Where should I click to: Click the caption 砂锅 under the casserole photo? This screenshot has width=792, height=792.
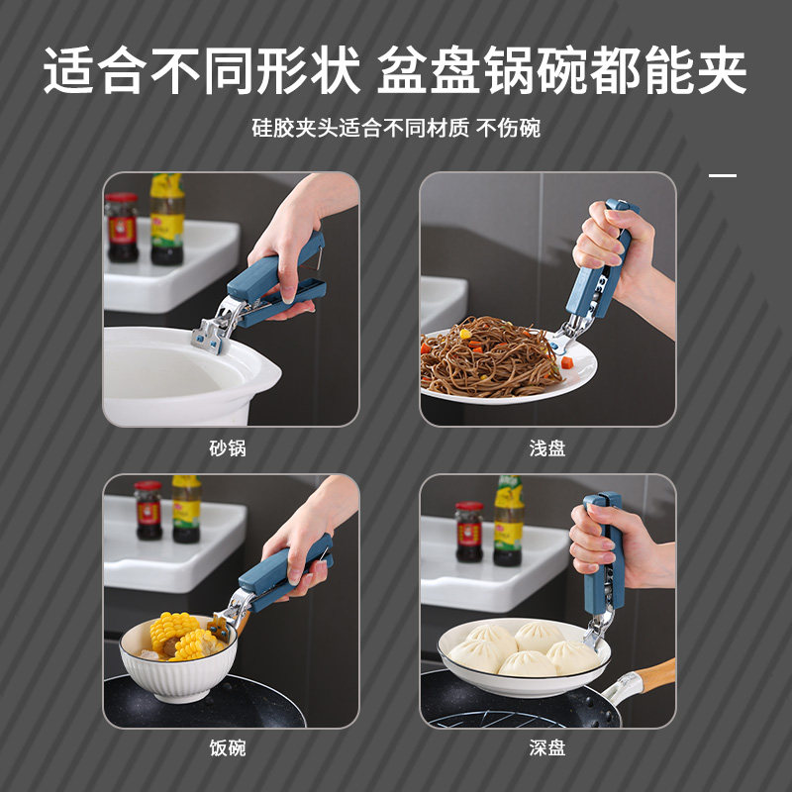pos(227,448)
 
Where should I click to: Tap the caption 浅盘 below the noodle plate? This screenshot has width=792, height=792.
pos(547,448)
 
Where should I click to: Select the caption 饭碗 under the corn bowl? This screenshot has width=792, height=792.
pos(227,748)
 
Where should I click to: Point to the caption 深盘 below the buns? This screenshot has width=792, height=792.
pos(547,748)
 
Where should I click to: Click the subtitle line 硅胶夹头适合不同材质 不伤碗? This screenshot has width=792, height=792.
pos(396,128)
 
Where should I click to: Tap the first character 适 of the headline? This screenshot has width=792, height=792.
pos(69,71)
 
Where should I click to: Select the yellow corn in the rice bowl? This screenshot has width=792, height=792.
pos(179,635)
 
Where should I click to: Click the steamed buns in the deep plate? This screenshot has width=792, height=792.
pos(520,647)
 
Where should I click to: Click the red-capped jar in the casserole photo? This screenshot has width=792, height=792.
pos(123,227)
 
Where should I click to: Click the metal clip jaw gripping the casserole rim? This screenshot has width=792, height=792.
pos(214,333)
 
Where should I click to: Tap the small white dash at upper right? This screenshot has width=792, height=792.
pos(723,175)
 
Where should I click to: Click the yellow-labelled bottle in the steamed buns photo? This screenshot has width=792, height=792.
pos(509,519)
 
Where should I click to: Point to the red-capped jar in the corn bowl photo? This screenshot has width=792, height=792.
pos(148,510)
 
